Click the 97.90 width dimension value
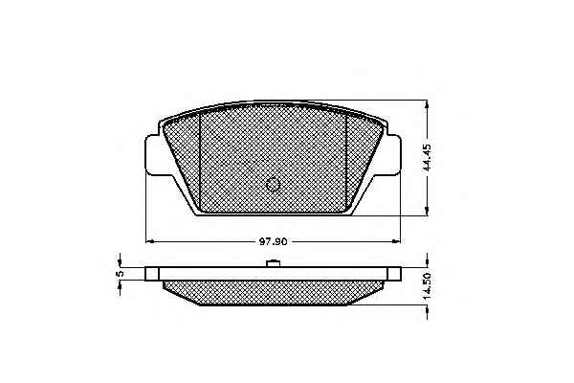[274, 242]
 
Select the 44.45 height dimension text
[428, 157]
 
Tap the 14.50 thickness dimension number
[428, 286]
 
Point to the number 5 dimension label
[120, 274]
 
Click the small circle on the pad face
[273, 185]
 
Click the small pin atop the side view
[273, 263]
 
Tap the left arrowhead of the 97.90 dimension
[149, 241]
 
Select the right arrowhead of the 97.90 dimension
[397, 241]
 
